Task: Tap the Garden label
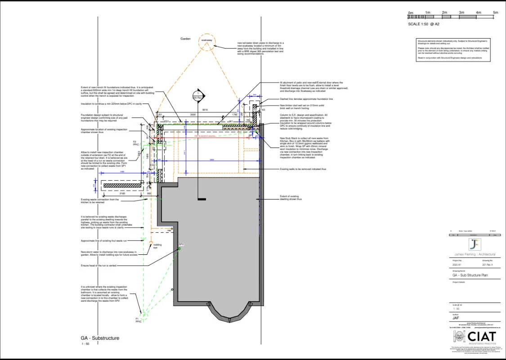[x=186, y=39]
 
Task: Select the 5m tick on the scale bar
[x=496, y=13]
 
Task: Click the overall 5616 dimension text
[x=205, y=110]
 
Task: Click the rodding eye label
[x=157, y=246]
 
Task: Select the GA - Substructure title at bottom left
[x=100, y=338]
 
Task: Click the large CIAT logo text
[x=482, y=336]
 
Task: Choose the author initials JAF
[x=456, y=318]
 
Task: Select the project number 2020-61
[x=457, y=265]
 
